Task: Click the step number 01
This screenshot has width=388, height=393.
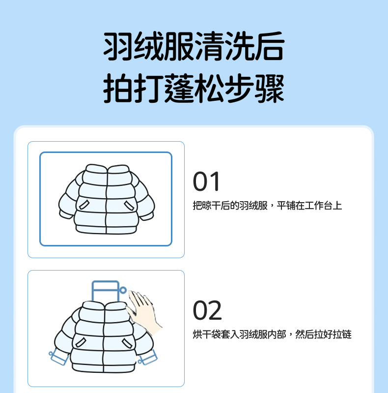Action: [206, 181]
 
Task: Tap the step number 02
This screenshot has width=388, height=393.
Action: [207, 310]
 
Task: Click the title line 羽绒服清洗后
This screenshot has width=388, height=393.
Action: [194, 46]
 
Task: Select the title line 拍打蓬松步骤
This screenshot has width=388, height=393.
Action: [194, 88]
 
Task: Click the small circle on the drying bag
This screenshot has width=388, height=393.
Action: [123, 290]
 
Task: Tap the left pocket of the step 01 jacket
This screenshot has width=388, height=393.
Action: [84, 205]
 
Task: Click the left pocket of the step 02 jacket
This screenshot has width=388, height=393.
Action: [81, 342]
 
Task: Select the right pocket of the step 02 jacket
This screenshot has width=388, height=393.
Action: [127, 343]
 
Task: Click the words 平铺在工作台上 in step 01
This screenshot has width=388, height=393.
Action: [309, 206]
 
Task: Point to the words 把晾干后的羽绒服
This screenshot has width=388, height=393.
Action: [230, 206]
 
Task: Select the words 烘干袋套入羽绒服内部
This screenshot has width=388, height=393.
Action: [239, 334]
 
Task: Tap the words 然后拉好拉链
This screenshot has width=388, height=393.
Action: [324, 334]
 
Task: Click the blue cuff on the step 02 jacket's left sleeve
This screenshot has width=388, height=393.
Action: [59, 358]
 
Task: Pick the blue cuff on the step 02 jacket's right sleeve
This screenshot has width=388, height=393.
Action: [148, 357]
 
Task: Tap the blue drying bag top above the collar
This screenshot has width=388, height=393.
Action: [106, 291]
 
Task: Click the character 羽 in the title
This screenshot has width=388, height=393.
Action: [118, 46]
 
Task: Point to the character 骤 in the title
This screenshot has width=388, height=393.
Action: [270, 88]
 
